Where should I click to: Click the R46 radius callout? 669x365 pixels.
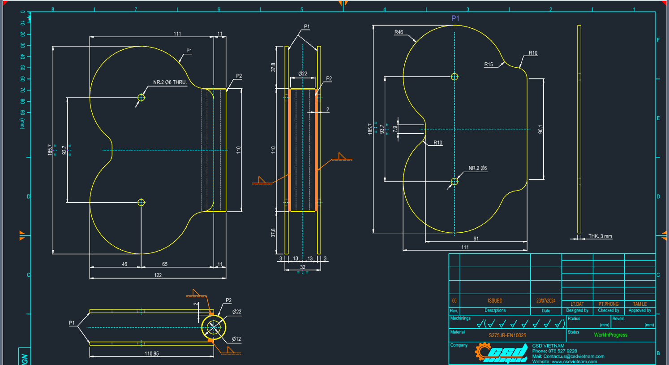pos(399,32)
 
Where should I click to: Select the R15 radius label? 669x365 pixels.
pos(489,65)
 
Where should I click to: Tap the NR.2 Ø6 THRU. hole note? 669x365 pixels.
pos(170,83)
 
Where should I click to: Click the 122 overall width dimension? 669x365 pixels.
pos(158,275)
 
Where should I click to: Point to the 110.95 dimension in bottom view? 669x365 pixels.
pos(152,354)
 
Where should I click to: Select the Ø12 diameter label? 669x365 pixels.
pos(236,339)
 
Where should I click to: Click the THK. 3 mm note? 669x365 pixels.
pos(600,236)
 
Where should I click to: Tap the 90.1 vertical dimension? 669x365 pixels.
pos(540,129)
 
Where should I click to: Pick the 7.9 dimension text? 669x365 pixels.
pos(395,129)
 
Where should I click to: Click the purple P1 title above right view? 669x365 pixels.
pos(455,18)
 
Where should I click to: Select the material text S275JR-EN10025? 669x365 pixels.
pos(507,335)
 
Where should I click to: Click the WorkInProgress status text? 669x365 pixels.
pos(610,335)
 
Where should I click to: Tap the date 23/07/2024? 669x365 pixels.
pos(546,301)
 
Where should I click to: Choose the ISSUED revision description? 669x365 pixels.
pos(495,301)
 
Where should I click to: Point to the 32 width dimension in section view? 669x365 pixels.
pos(303,267)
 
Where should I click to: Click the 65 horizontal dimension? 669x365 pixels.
pos(165,264)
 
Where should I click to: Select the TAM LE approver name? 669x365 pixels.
pos(639,304)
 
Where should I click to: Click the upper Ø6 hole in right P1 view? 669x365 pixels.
pos(455,77)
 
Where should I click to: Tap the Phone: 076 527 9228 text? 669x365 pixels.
pos(554,351)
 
